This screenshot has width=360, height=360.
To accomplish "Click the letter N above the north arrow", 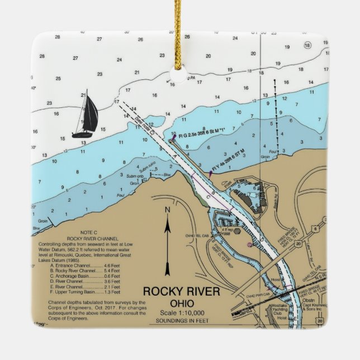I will [167, 210].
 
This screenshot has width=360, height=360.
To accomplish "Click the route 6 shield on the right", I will [316, 228].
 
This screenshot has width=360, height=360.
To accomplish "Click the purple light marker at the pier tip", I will [174, 137].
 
